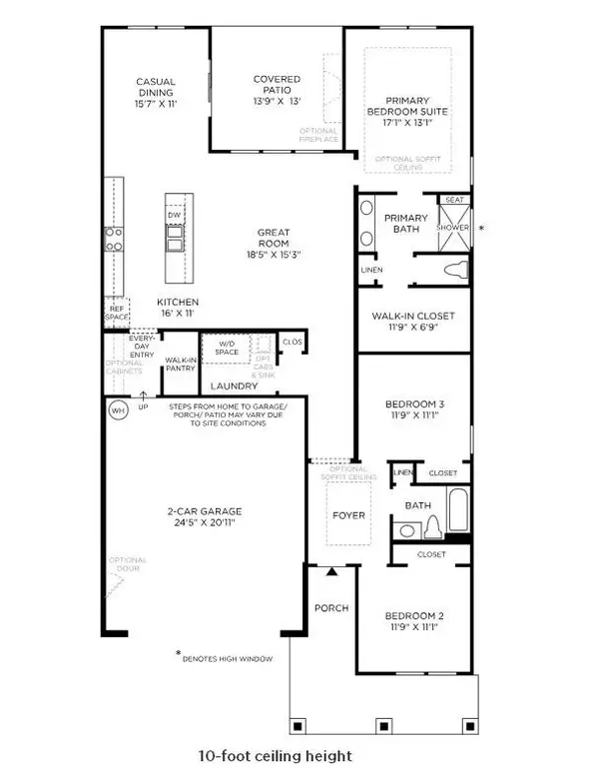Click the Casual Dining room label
point(156,92)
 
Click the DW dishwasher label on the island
point(174,215)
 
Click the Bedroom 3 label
point(412,410)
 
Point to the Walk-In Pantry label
point(179,366)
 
